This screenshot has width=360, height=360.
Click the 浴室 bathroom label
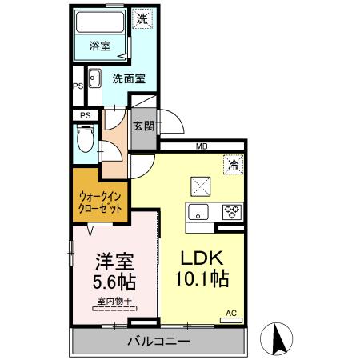(100, 47)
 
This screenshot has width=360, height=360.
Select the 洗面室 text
(127, 78)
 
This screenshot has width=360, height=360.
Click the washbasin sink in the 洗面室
(94, 78)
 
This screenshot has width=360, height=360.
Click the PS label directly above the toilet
(85, 115)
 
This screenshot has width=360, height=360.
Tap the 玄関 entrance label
(144, 126)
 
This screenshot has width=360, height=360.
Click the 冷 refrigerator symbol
(233, 165)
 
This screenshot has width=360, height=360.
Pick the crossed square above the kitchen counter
(199, 186)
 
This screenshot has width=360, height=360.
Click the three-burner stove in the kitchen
(231, 212)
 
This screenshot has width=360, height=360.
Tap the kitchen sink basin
(198, 212)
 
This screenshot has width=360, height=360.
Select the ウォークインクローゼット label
(101, 202)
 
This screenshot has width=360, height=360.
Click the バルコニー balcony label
(158, 342)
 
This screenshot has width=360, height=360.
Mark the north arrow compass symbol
(279, 337)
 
